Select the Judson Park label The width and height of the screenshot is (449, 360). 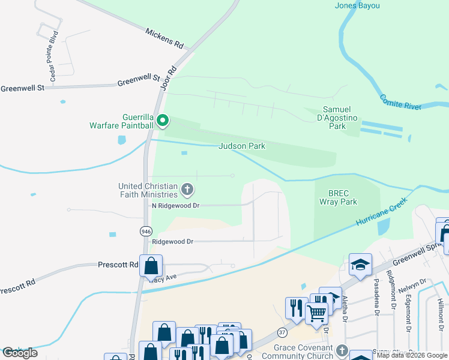tap(241, 146)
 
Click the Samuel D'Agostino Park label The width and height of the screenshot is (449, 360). tap(342, 118)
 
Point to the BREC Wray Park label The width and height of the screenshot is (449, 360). tap(343, 198)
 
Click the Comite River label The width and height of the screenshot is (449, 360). tap(401, 101)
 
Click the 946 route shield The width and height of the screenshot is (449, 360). tap(146, 231)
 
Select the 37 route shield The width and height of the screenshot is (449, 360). tap(282, 332)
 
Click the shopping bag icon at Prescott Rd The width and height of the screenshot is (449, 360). tap(151, 265)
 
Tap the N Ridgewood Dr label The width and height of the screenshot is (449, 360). tap(175, 205)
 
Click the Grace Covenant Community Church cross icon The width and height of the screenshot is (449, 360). tap(342, 350)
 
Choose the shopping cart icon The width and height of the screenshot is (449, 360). tap(316, 311)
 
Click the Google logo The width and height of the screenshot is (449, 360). tap(20, 353)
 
